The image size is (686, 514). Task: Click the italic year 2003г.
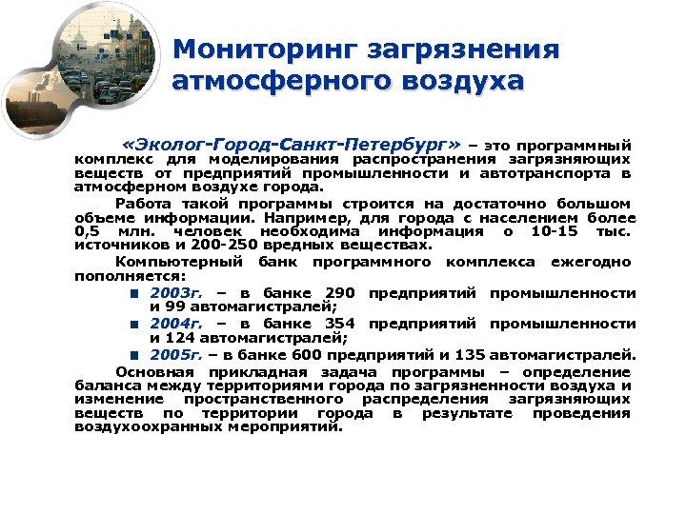[176, 292]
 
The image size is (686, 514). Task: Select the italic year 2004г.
[176, 324]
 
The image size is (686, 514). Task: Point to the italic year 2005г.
[176, 355]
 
